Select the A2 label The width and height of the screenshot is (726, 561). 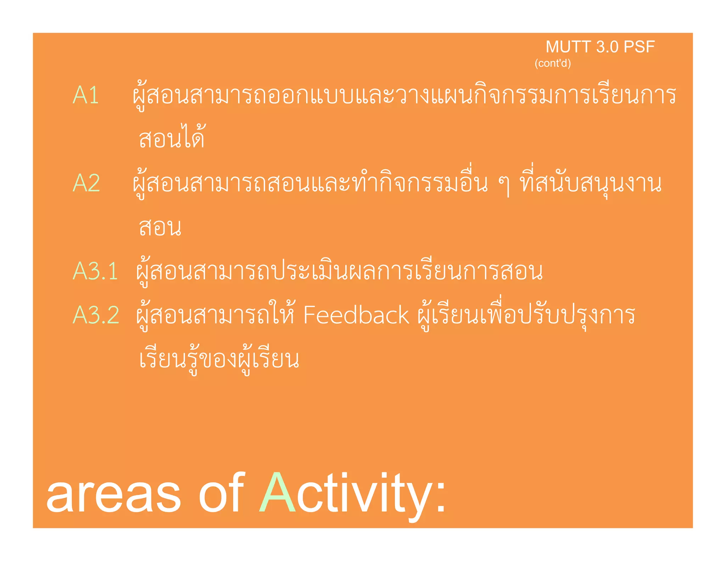pos(86,183)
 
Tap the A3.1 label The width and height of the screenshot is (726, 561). pos(95,271)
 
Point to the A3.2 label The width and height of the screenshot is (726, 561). pos(96,315)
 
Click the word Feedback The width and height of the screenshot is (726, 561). pos(356,315)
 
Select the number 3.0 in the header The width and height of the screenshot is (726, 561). pos(607,47)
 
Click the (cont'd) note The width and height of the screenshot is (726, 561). pos(553,63)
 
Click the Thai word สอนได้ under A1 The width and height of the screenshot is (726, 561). pos(172,137)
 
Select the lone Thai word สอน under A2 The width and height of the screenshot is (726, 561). pos(160,227)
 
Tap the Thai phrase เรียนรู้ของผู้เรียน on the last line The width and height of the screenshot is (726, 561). pos(219,359)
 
